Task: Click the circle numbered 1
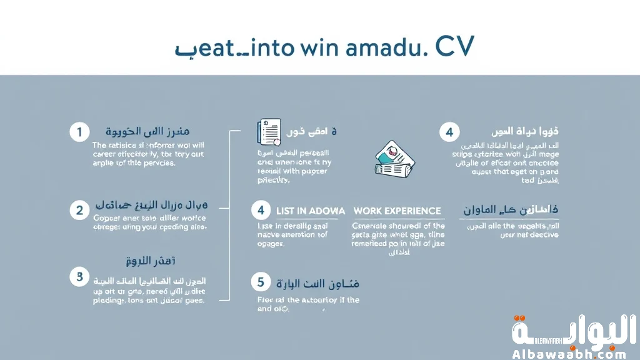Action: [79, 132]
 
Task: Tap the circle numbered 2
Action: [79, 210]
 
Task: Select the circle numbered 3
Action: [79, 277]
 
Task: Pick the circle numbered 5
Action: [261, 282]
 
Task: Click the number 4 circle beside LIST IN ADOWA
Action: [261, 211]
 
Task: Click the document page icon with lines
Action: [269, 132]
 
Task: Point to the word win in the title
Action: [309, 48]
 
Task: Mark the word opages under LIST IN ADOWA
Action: [271, 244]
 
